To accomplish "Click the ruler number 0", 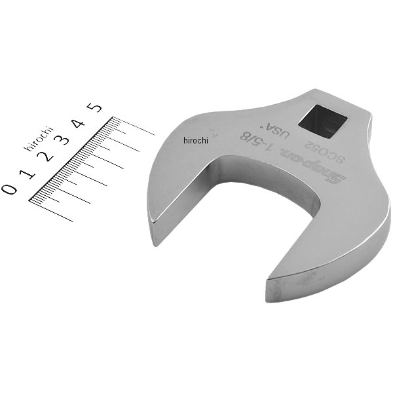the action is pyautogui.click(x=9, y=189).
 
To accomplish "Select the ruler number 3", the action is pyautogui.click(x=62, y=140).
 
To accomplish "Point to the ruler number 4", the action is pyautogui.click(x=79, y=123).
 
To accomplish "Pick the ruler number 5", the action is pyautogui.click(x=94, y=107).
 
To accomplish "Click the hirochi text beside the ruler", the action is pyautogui.click(x=39, y=139).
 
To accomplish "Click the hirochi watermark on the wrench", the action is pyautogui.click(x=196, y=140).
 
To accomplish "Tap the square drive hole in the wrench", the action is pyautogui.click(x=322, y=121).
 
